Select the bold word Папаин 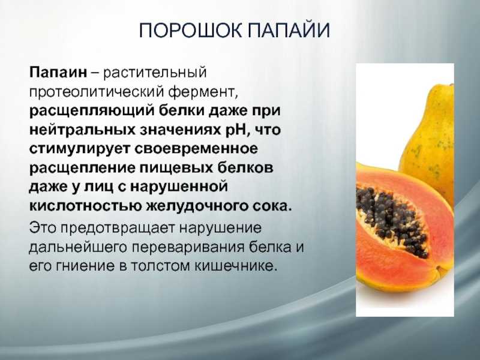[58, 73]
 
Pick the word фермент [202, 92]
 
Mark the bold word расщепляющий [91, 111]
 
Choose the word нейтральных [82, 130]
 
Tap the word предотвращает [120, 229]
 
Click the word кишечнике [236, 266]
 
